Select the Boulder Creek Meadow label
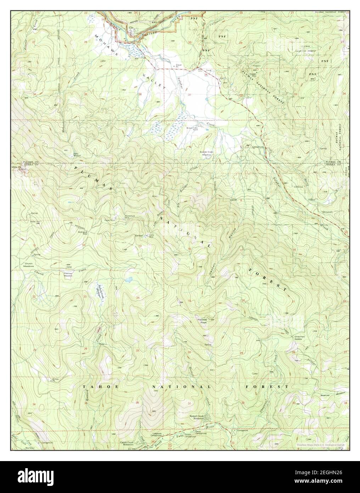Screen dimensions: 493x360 tap(205, 153)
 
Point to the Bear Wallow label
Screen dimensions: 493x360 tap(77, 155)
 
